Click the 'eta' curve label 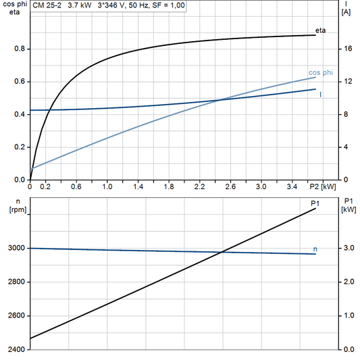coord(321,31)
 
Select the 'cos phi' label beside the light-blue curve coord(320,72)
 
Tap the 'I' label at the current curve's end coord(320,95)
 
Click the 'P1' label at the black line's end coord(315,203)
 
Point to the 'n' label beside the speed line coord(315,249)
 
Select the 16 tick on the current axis coord(346,49)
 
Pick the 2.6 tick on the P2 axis coord(230,186)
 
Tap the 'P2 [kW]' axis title coord(323,186)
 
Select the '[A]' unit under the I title coord(346,12)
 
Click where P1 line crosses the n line coord(222,253)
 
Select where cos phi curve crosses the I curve coord(222,100)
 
